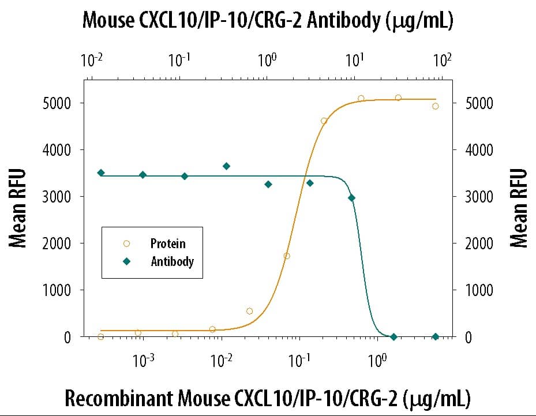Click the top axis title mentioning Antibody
click(x=268, y=21)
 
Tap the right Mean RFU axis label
click(x=519, y=208)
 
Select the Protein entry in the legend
click(x=168, y=244)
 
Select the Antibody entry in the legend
click(x=172, y=261)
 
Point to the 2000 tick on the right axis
click(x=478, y=243)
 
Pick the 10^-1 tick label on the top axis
click(x=179, y=61)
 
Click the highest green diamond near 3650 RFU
click(x=226, y=166)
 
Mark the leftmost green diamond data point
click(x=101, y=173)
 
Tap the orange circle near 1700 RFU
click(x=287, y=256)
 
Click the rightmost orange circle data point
click(x=436, y=106)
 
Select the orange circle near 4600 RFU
click(x=324, y=121)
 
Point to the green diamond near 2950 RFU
click(x=351, y=198)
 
